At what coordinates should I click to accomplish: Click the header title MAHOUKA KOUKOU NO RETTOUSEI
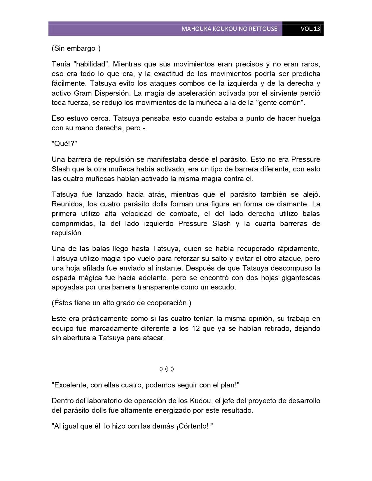click(230, 29)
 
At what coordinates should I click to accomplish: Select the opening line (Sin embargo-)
click(76, 48)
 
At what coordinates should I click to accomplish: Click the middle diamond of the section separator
click(167, 369)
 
